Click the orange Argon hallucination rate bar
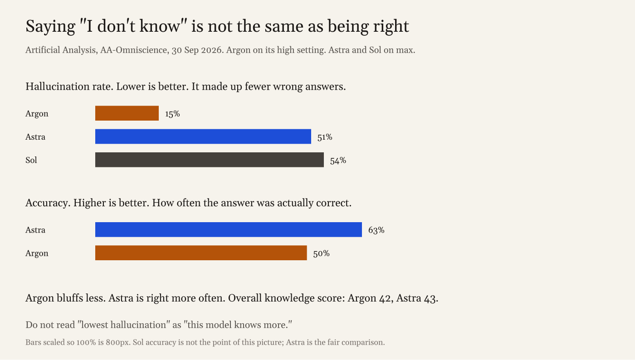pyautogui.click(x=127, y=113)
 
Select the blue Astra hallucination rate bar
pyautogui.click(x=203, y=136)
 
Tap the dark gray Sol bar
pyautogui.click(x=210, y=160)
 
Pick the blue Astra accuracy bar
pyautogui.click(x=229, y=229)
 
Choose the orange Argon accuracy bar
pyautogui.click(x=201, y=253)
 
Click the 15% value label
pyautogui.click(x=172, y=114)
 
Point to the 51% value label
pyautogui.click(x=325, y=137)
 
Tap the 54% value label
pyautogui.click(x=338, y=161)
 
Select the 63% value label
pyautogui.click(x=376, y=230)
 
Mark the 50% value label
pyautogui.click(x=321, y=253)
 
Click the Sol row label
pyautogui.click(x=31, y=160)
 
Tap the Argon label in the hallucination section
pyautogui.click(x=37, y=114)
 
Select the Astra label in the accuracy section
pyautogui.click(x=35, y=230)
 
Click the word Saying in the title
pyautogui.click(x=50, y=27)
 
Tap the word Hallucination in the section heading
pyautogui.click(x=58, y=86)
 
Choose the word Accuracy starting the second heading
pyautogui.click(x=47, y=203)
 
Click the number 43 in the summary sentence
pyautogui.click(x=430, y=298)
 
